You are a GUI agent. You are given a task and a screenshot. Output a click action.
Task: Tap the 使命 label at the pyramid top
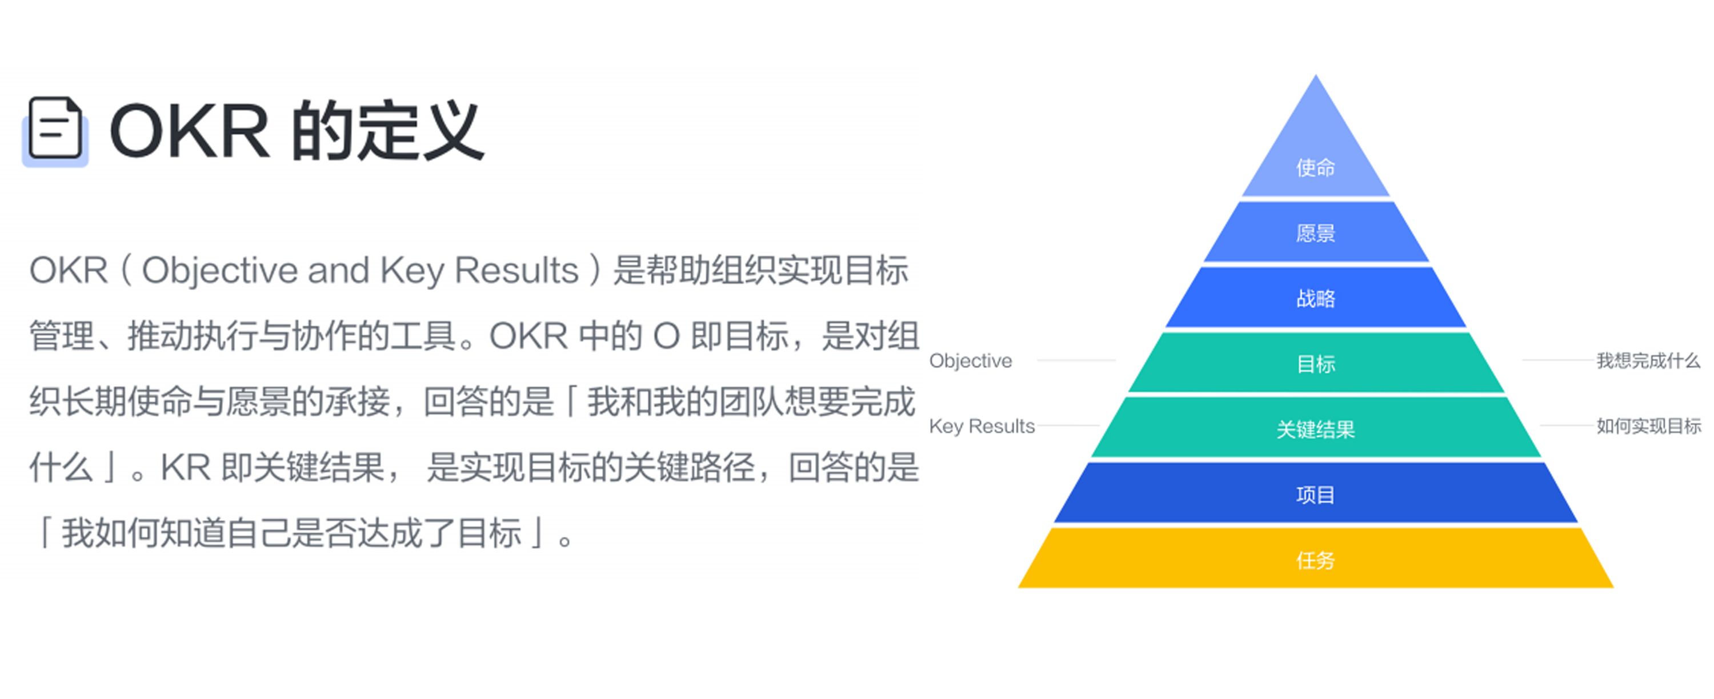[1315, 167]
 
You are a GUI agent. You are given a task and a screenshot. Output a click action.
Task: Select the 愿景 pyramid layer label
[1315, 234]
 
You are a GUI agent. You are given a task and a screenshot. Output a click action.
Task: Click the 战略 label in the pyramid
[1315, 299]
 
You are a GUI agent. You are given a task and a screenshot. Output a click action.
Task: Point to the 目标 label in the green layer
[1315, 364]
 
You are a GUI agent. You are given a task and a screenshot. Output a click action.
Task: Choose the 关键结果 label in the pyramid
[1315, 429]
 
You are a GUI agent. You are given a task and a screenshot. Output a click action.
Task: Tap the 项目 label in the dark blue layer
[1315, 495]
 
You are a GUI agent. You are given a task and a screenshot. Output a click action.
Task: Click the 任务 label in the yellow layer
[1315, 561]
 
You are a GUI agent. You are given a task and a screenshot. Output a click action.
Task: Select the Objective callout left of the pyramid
[971, 361]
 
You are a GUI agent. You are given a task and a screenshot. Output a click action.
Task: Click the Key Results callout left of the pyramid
[982, 425]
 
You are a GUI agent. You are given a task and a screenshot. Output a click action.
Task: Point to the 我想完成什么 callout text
[1648, 360]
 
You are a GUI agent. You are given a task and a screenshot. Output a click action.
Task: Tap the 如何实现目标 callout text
[1648, 425]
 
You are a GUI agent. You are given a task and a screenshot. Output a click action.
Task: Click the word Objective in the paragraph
[219, 271]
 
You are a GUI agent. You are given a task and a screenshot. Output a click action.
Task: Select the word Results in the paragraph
[516, 271]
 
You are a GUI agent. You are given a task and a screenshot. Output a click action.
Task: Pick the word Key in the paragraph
[411, 271]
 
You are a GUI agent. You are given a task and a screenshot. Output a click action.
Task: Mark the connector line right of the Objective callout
[1076, 360]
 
